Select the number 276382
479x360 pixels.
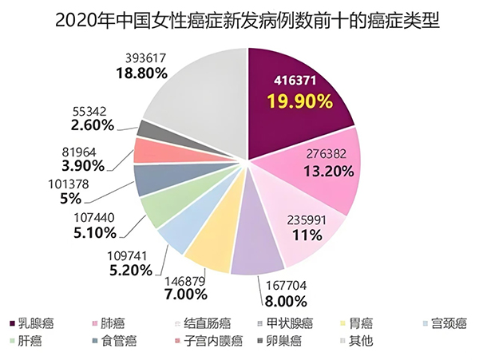tap(326, 153)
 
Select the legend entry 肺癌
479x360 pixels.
tap(111, 323)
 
